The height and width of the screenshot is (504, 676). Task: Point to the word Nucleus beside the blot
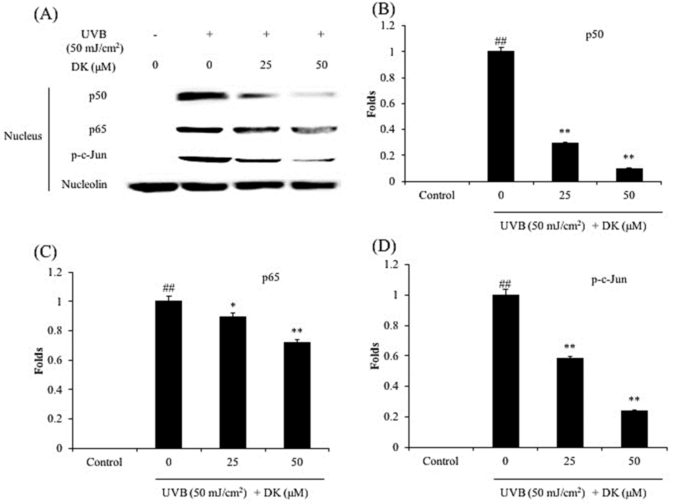23,136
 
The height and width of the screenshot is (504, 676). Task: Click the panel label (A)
46,15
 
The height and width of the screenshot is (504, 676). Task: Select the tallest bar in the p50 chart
500,116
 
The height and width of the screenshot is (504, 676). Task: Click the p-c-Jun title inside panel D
609,279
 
